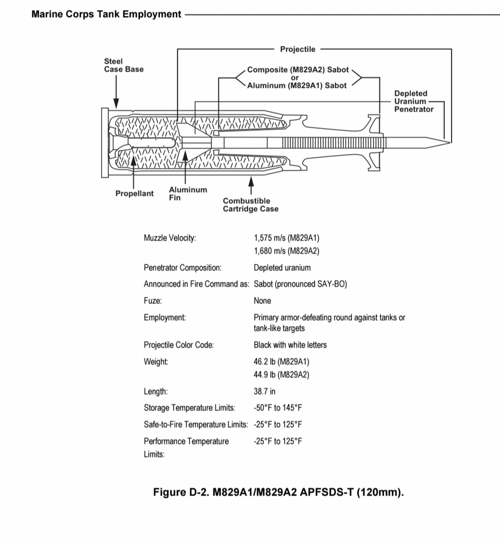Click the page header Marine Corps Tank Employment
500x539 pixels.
pos(107,15)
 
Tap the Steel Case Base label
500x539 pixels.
pos(123,65)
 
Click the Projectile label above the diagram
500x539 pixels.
pos(298,50)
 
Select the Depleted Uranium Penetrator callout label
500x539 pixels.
pos(413,101)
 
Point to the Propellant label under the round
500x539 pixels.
pos(134,194)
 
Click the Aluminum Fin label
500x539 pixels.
pos(187,194)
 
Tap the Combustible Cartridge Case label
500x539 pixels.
pos(250,205)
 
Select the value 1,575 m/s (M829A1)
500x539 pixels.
pos(290,238)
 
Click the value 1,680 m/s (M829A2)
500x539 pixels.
pos(290,251)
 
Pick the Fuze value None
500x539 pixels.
pos(262,301)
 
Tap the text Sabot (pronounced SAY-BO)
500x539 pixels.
pos(300,284)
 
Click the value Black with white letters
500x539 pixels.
pos(290,345)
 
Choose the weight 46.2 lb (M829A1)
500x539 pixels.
pos(281,362)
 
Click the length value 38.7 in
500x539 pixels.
pos(267,392)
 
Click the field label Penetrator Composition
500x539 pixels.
pos(182,268)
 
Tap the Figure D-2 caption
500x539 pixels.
pos(278,492)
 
